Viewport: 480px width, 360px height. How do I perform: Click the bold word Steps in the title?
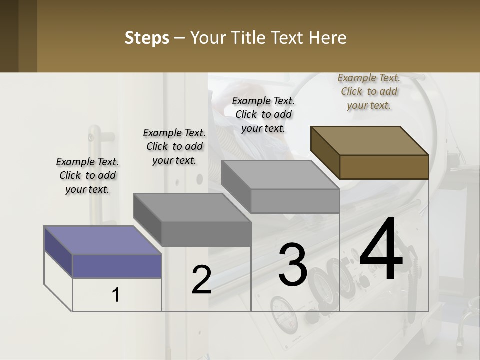147,38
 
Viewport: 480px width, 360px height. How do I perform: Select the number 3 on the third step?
293,264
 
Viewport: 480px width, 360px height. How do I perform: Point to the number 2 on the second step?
201,279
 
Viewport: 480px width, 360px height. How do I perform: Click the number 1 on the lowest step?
115,295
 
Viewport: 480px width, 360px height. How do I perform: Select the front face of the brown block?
384,166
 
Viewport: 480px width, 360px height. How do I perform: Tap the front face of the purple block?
117,266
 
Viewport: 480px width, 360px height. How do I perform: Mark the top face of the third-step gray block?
280,174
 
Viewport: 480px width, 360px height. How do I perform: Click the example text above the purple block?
87,175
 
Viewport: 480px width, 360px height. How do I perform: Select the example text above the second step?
174,146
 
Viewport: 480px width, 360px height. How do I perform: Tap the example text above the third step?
263,114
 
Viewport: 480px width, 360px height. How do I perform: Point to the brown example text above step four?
369,91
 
